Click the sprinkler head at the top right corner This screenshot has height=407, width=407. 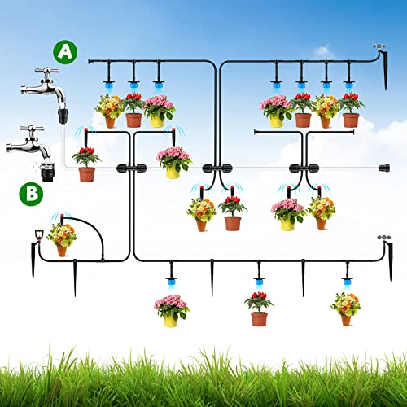(378, 52)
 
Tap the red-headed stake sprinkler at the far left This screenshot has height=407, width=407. (35, 239)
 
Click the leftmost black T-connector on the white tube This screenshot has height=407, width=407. (129, 168)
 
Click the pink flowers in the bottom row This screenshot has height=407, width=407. (171, 306)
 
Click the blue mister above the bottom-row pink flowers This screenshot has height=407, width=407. (171, 281)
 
